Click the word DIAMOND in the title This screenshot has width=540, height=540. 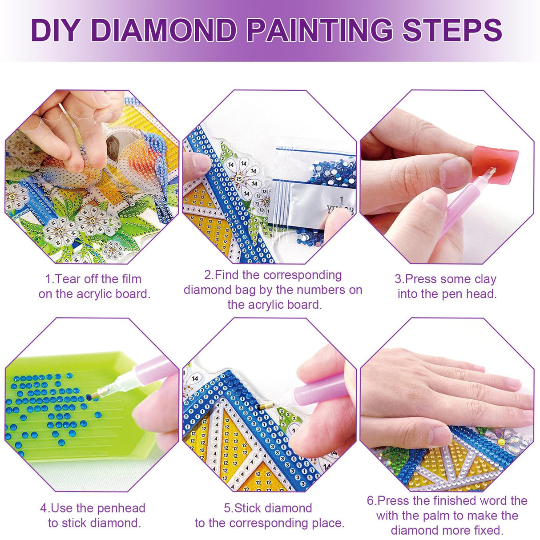pos(164,30)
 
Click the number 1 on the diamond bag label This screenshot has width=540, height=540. pos(342,200)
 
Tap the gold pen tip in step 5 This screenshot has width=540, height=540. pos(266,406)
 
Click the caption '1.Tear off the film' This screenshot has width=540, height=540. pos(93,279)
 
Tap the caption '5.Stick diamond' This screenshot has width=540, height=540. pos(268,508)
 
